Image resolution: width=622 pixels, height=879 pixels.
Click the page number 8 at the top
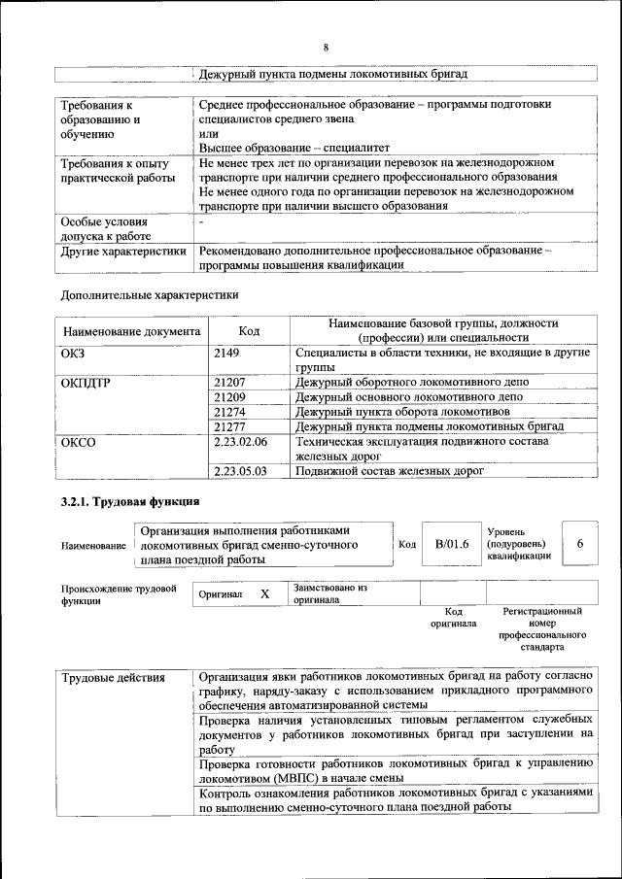[326, 48]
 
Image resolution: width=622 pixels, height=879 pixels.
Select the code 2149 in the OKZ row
[225, 354]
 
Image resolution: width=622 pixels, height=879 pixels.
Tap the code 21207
[229, 383]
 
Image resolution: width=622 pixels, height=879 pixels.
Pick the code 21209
[229, 397]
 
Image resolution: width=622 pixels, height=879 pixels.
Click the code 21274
[229, 412]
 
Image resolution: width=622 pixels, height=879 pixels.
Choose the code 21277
[229, 426]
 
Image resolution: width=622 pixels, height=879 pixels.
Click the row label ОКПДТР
[86, 383]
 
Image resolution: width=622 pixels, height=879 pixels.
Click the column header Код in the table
[249, 331]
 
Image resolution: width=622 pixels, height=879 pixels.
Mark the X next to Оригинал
[264, 592]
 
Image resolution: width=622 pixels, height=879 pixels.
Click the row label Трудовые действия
[113, 677]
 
